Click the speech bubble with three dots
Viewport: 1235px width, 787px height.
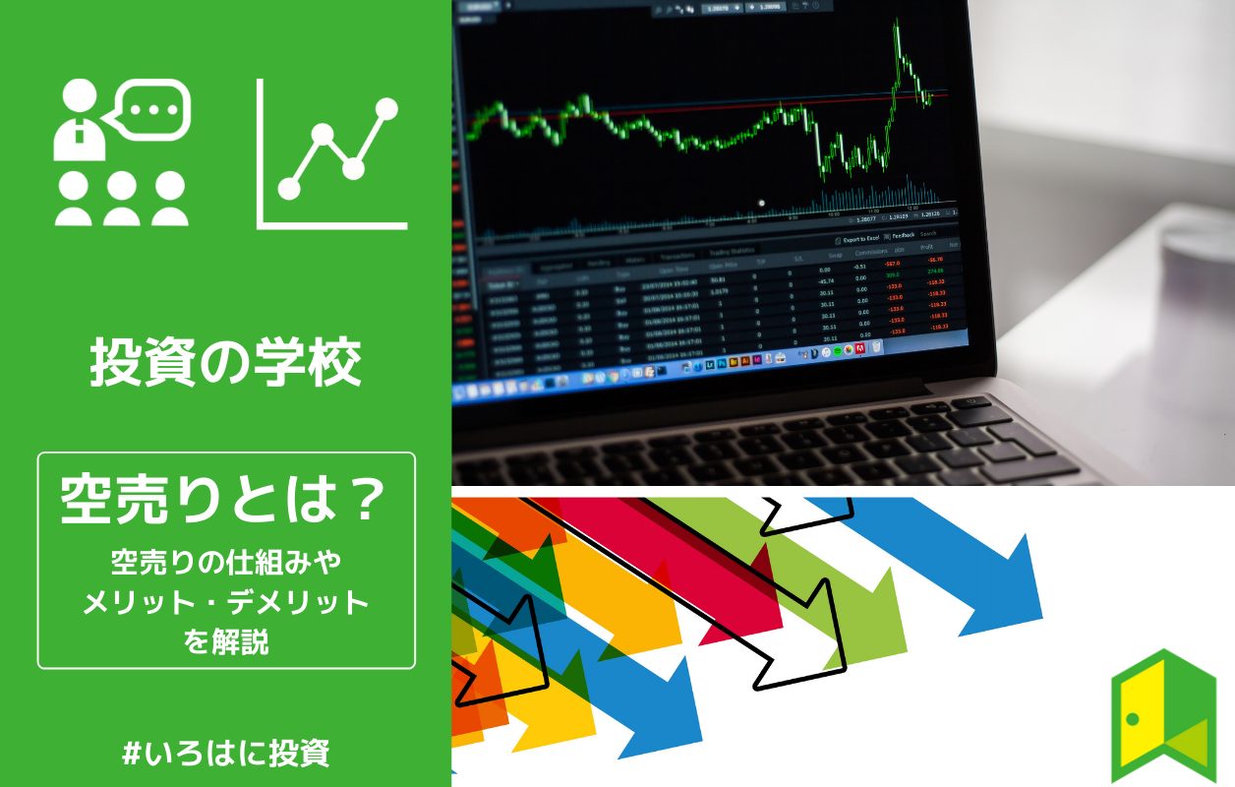click(x=149, y=110)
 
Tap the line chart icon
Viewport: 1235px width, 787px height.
click(x=332, y=154)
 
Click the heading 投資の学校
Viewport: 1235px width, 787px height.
click(x=226, y=363)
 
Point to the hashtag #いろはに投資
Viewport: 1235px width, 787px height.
click(x=226, y=754)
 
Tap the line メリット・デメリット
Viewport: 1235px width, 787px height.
click(x=226, y=601)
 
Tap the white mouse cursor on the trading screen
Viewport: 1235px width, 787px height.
click(x=761, y=203)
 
